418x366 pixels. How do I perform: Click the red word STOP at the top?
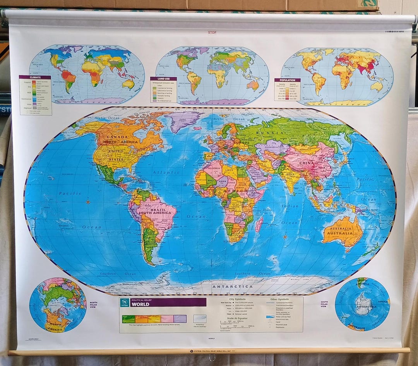(x=212, y=32)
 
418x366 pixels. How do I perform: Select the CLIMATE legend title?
(x=35, y=77)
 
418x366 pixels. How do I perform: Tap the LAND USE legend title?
(x=163, y=79)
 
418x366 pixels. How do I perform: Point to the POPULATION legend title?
(x=287, y=80)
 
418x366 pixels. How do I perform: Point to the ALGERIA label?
(x=214, y=168)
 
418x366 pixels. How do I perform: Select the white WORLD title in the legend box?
(x=140, y=304)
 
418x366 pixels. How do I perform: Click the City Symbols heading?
(x=237, y=299)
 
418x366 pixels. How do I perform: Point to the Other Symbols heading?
(x=279, y=299)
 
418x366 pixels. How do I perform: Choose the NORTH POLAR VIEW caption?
(x=93, y=305)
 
